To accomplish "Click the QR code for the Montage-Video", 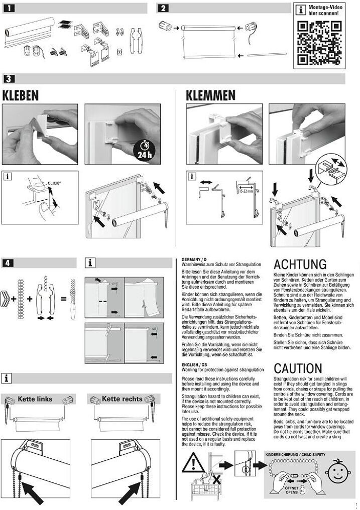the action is [x=316, y=43].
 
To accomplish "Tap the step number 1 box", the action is [x=10, y=8].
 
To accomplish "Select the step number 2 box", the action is [x=164, y=8].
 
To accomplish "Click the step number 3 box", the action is [x=10, y=79].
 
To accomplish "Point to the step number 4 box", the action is [x=10, y=262].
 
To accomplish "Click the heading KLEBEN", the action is [x=21, y=95].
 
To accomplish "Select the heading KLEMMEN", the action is [x=210, y=95].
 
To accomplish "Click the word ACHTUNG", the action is [x=300, y=265].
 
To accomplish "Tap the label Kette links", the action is [x=35, y=399].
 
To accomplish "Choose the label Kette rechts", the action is [x=122, y=399].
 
